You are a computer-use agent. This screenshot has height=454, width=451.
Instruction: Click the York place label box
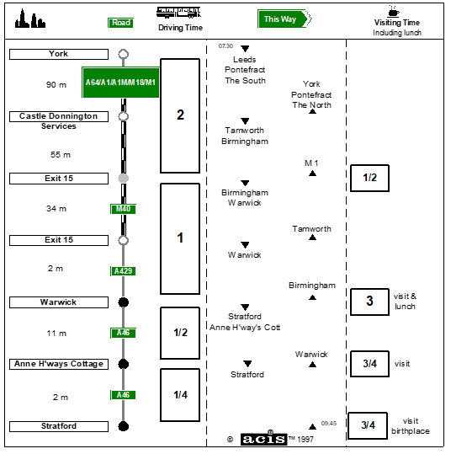pyautogui.click(x=59, y=54)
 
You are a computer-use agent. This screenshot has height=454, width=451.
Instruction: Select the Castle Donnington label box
pyautogui.click(x=59, y=116)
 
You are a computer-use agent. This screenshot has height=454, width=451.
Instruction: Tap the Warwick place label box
pyautogui.click(x=59, y=302)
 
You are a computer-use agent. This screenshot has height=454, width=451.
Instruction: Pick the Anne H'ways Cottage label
pyautogui.click(x=59, y=364)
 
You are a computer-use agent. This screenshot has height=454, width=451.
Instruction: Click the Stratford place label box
pyautogui.click(x=59, y=426)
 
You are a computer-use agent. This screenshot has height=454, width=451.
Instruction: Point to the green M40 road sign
pyautogui.click(x=123, y=209)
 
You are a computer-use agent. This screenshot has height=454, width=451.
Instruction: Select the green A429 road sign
pyautogui.click(x=123, y=271)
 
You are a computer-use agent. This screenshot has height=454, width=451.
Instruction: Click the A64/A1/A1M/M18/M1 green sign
pyautogui.click(x=120, y=83)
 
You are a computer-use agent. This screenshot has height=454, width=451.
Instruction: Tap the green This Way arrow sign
pyautogui.click(x=284, y=19)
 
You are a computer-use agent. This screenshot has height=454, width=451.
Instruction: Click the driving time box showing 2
pyautogui.click(x=180, y=116)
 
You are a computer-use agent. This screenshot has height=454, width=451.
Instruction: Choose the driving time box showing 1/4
pyautogui.click(x=180, y=395)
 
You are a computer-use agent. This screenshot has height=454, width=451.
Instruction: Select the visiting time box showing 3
pyautogui.click(x=369, y=302)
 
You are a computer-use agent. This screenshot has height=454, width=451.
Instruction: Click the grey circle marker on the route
pyautogui.click(x=124, y=178)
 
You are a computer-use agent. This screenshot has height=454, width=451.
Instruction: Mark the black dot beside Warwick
pyautogui.click(x=124, y=302)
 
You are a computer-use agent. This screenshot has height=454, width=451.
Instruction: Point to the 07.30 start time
pyautogui.click(x=225, y=46)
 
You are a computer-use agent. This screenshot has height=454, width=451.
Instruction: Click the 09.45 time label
pyautogui.click(x=329, y=424)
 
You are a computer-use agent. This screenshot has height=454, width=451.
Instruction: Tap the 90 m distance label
pyautogui.click(x=56, y=85)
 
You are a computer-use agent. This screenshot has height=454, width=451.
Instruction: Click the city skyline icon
pyautogui.click(x=30, y=19)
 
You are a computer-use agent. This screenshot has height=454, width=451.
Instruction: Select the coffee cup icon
pyautogui.click(x=394, y=11)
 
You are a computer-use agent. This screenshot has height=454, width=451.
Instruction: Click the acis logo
pyautogui.click(x=263, y=439)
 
